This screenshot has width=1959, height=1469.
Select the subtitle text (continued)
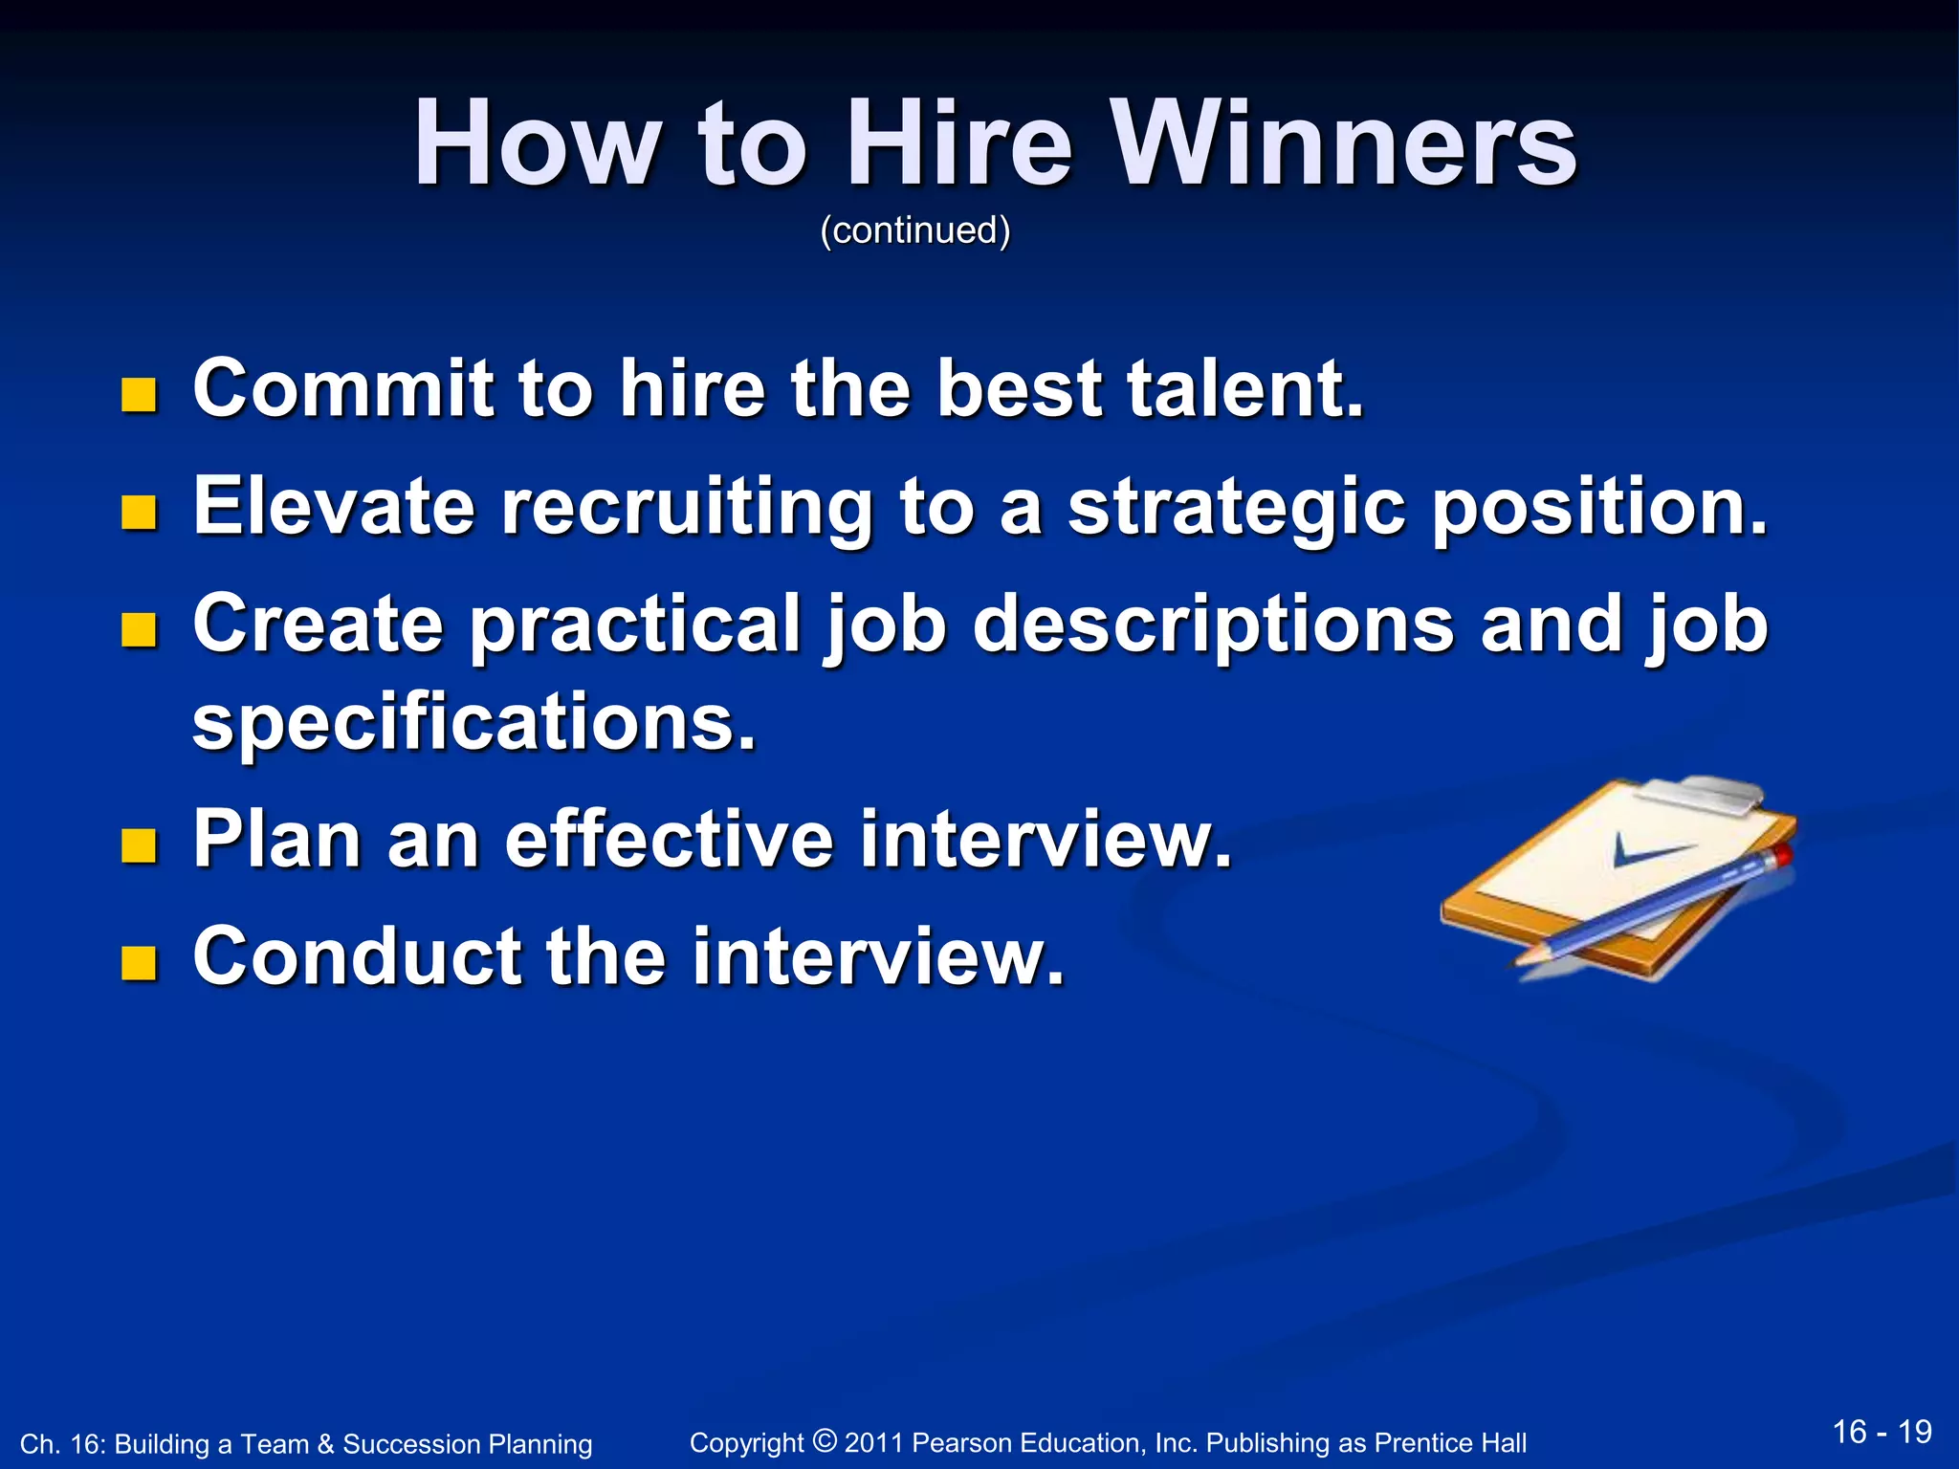914,230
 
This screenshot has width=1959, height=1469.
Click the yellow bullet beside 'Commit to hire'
139,394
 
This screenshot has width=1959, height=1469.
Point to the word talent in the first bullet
1244,389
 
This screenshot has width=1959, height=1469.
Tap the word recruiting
686,509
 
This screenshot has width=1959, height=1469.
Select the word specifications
473,724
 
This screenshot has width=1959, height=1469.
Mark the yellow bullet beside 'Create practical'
139,630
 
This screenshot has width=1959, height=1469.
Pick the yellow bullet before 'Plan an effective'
139,845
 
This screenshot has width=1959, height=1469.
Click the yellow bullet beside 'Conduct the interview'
139,963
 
